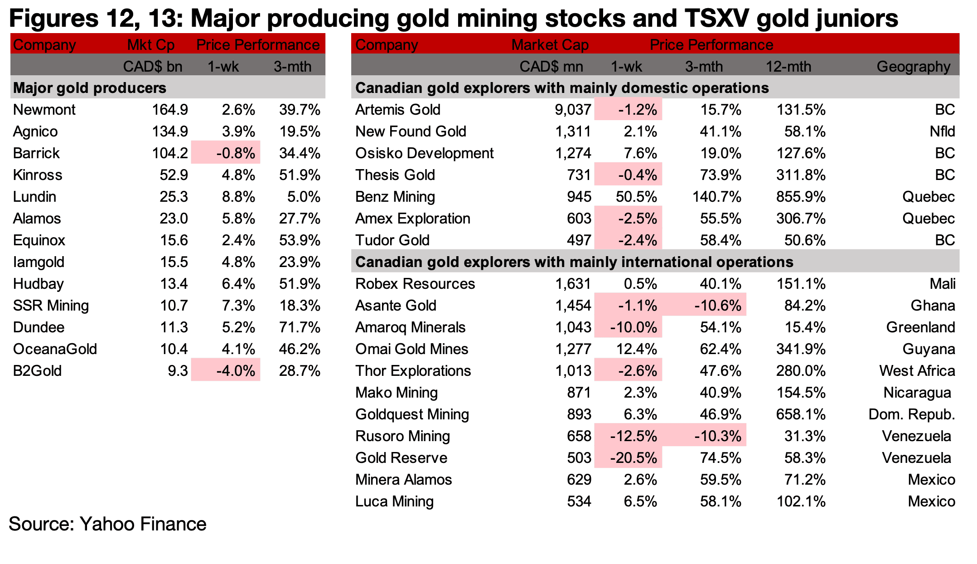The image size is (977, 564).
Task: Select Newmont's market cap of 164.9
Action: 169,110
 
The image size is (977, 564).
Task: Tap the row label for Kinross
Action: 38,175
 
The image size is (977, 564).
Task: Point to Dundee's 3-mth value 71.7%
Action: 300,327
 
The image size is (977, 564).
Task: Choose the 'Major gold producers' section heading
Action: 90,88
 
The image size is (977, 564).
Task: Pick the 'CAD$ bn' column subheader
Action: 153,67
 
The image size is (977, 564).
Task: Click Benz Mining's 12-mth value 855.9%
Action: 801,197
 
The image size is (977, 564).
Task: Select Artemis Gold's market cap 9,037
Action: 573,110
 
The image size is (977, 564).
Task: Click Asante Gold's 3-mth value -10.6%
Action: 717,306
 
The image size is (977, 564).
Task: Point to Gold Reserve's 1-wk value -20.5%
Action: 633,458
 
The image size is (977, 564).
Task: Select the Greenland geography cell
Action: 920,327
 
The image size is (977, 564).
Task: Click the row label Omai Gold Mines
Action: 411,349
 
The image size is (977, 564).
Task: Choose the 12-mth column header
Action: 788,67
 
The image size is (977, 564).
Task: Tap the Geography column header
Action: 913,67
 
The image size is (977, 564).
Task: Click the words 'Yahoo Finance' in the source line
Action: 143,524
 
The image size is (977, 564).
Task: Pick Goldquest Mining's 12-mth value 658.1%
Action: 801,414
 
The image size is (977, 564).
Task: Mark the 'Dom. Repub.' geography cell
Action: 911,414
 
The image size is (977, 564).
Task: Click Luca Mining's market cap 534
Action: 579,501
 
